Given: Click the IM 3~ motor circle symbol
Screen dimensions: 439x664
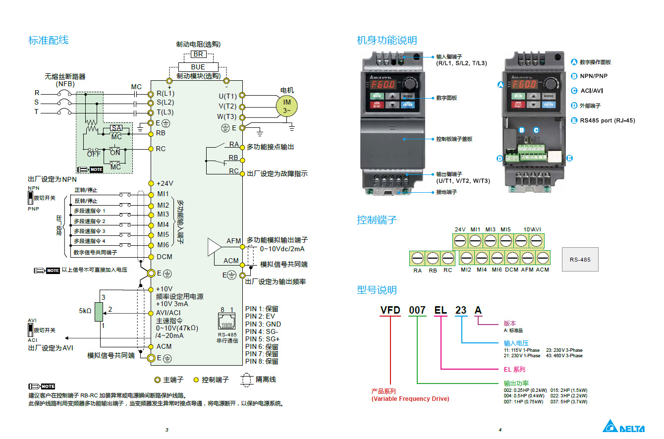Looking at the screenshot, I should point(287,106).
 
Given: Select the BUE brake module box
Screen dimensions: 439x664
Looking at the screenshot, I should point(198,67).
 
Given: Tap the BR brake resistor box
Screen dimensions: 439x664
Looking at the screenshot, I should point(198,55).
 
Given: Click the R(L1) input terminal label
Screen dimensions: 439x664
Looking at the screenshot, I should point(165,93).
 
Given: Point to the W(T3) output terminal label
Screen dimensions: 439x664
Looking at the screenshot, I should point(227,117).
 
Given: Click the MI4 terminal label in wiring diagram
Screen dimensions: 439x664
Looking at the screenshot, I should point(163,224).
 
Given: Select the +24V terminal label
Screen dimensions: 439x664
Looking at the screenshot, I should point(165,183).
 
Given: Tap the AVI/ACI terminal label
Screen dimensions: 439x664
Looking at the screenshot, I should point(168,313).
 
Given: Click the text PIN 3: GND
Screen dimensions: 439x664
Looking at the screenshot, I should point(263,324).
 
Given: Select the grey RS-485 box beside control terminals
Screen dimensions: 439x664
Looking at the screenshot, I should point(580,259).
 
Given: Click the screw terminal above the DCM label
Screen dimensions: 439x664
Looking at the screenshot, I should point(511,258).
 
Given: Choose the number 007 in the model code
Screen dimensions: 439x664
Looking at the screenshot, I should point(417,310).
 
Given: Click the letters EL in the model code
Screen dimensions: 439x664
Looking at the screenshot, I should point(441,310).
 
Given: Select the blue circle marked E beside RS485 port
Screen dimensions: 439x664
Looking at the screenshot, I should point(574,120).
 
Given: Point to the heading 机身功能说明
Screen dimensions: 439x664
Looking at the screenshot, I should point(387,40).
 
